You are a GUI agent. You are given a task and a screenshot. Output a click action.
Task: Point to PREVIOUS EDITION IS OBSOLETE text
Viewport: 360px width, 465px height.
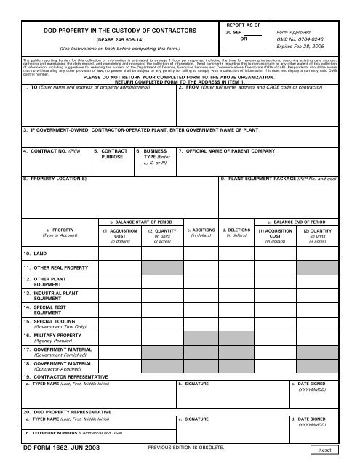click(x=185, y=449)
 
